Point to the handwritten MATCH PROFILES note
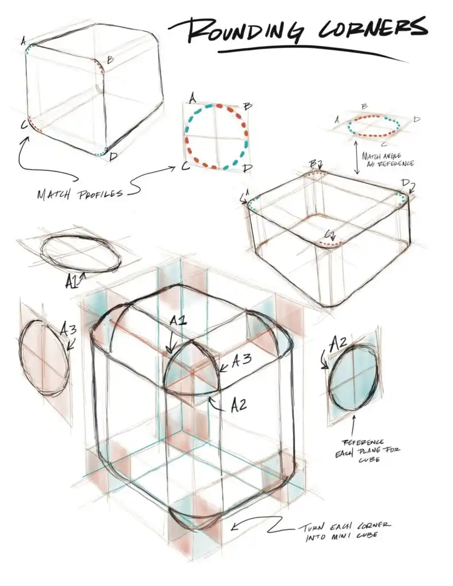coord(80,194)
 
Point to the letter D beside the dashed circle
coord(247,168)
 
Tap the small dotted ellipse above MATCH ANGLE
coord(375,126)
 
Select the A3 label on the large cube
coord(241,361)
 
